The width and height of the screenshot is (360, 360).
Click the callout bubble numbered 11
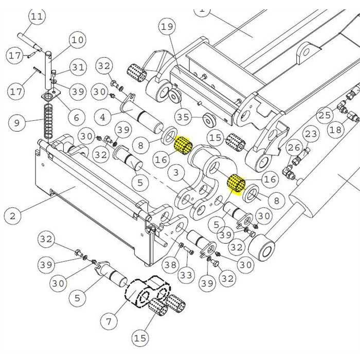click(36, 16)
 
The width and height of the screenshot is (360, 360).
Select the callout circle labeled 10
click(77, 39)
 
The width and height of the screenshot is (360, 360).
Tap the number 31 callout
click(78, 67)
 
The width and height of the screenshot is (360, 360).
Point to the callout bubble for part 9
click(17, 123)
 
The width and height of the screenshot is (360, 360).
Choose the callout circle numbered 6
click(76, 117)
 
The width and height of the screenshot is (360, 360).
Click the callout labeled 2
click(12, 215)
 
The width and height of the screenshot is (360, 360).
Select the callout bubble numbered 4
click(103, 117)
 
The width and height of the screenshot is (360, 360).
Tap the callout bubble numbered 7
click(109, 322)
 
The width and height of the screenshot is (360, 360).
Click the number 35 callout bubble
click(183, 117)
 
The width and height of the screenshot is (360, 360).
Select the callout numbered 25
click(325, 114)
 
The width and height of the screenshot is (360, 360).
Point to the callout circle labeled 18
click(335, 130)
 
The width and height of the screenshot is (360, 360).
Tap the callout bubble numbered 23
click(311, 135)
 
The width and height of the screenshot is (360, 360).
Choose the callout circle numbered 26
click(294, 149)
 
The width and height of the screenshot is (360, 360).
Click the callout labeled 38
click(170, 265)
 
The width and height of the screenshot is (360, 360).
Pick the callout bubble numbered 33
click(186, 276)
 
